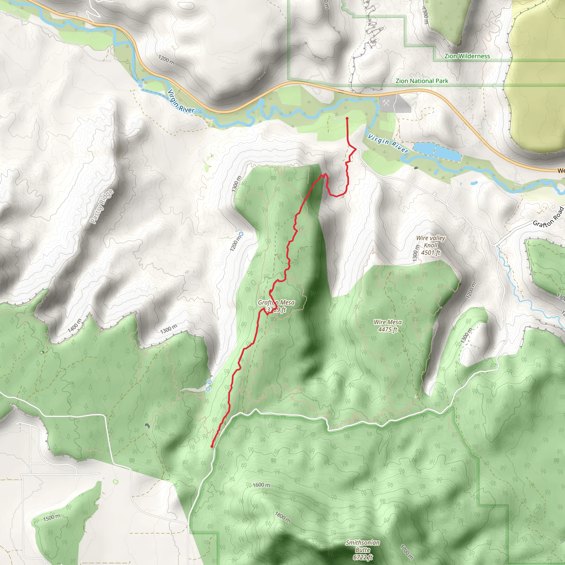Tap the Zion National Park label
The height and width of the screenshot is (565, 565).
coord(422,81)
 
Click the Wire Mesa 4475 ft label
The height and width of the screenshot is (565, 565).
coord(388,326)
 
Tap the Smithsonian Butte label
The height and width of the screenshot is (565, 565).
coord(363,550)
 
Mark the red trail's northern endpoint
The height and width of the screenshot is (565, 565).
coord(347,118)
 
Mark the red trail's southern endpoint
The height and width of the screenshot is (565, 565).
coord(212,447)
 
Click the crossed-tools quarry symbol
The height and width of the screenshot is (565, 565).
coord(386,103)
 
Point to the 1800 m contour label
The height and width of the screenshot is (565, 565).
coord(283,517)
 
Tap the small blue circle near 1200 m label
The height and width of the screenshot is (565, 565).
coord(241,234)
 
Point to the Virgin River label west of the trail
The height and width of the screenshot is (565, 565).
coord(181,102)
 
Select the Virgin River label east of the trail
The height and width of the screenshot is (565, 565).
coord(388,143)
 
